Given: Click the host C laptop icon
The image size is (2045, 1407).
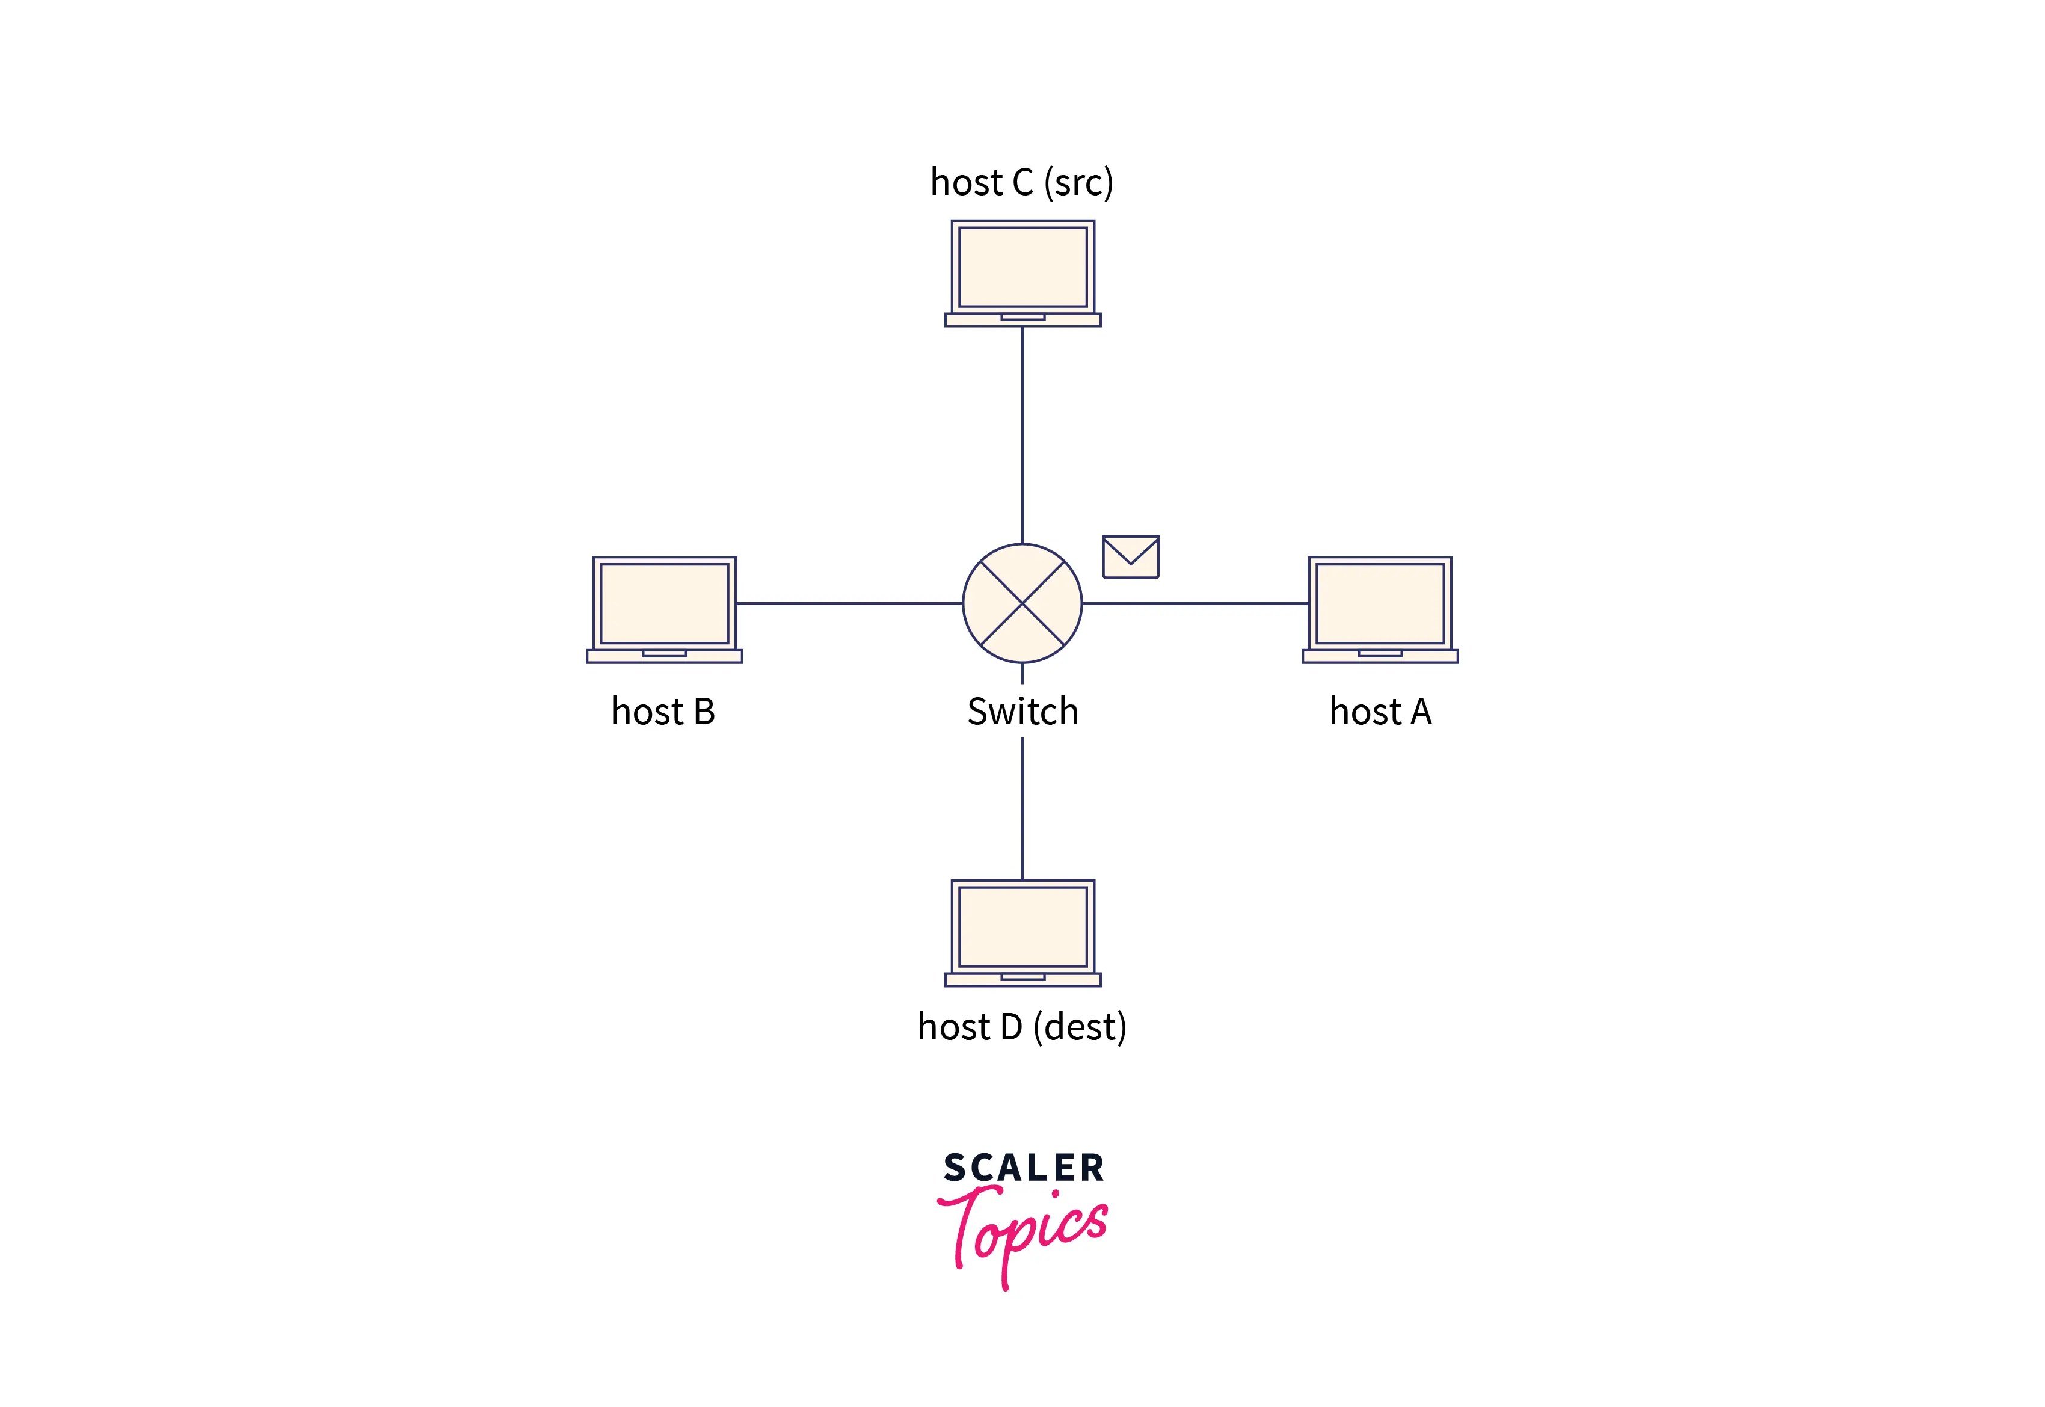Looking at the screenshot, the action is click(1022, 272).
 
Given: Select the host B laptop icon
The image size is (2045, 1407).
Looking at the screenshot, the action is click(664, 608).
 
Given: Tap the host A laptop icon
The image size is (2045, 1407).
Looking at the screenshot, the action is click(1380, 608).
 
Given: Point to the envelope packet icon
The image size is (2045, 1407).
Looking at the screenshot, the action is click(1130, 557).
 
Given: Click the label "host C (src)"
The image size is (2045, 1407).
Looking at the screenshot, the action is click(1022, 182).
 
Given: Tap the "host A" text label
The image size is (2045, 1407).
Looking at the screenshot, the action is click(1380, 712).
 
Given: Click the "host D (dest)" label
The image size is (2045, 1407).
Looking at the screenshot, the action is click(1022, 1027).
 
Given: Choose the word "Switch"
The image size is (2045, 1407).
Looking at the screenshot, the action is click(1022, 712).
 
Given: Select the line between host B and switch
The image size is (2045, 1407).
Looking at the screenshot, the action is click(848, 603).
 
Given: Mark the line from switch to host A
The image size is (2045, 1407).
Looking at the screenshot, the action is click(1195, 603).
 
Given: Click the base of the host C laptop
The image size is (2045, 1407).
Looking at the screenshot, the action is click(1022, 320).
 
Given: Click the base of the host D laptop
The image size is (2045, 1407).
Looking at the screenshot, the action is click(1022, 979).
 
